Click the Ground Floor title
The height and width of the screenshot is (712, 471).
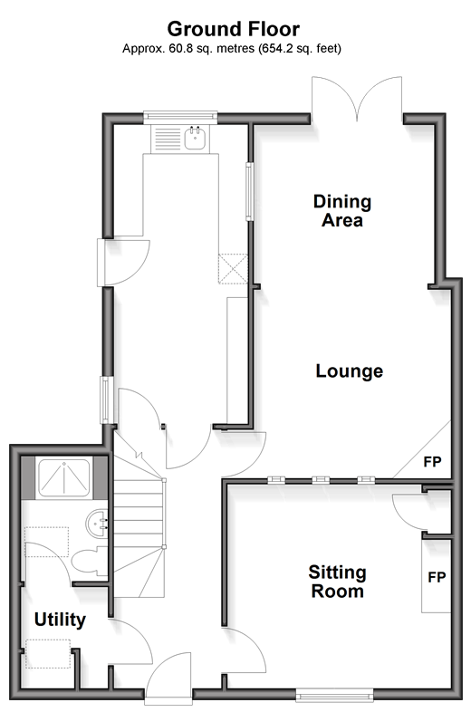pyautogui.click(x=234, y=30)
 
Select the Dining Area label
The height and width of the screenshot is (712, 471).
pyautogui.click(x=342, y=211)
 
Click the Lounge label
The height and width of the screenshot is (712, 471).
pyautogui.click(x=350, y=371)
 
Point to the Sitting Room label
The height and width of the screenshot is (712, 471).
pyautogui.click(x=338, y=582)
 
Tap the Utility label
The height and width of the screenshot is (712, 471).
pyautogui.click(x=60, y=620)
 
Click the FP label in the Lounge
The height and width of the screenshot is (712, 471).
pyautogui.click(x=432, y=462)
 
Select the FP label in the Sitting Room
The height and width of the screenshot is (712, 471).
pyautogui.click(x=437, y=577)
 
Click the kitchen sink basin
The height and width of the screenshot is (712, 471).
pyautogui.click(x=197, y=138)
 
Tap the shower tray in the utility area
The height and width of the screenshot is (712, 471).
pyautogui.click(x=63, y=478)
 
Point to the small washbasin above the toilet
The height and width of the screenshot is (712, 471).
pyautogui.click(x=96, y=523)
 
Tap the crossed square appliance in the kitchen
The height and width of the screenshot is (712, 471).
pyautogui.click(x=233, y=269)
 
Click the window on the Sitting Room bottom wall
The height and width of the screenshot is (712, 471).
pyautogui.click(x=334, y=694)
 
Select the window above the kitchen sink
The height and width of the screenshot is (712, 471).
pyautogui.click(x=181, y=117)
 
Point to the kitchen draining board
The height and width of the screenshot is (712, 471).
pyautogui.click(x=168, y=138)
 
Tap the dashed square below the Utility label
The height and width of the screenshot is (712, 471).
pyautogui.click(x=48, y=653)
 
